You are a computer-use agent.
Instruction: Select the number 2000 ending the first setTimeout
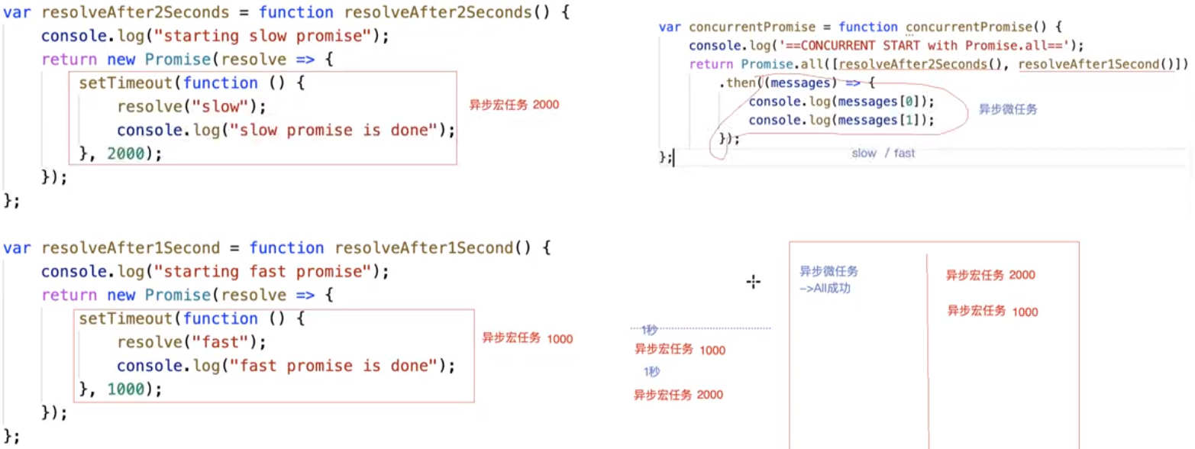pos(133,153)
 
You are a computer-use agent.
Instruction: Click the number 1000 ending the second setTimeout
pos(133,389)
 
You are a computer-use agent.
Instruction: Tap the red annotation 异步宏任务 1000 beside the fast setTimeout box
pos(527,338)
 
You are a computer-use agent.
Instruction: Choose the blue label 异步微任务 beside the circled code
pos(1008,110)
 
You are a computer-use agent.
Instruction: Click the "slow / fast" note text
pos(883,153)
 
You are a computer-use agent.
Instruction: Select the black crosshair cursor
pos(754,283)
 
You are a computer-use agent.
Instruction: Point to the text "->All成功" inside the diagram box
pos(824,289)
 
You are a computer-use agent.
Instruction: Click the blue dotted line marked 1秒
pos(701,329)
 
